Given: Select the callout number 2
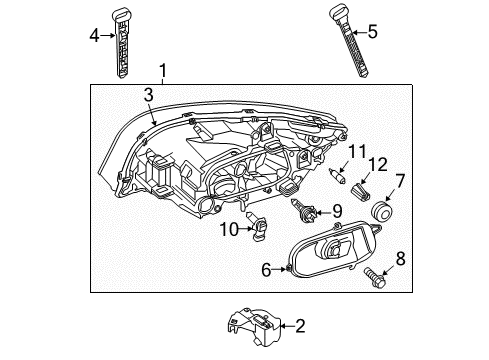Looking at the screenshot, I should click(x=298, y=324).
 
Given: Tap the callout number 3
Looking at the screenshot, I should click(x=147, y=94).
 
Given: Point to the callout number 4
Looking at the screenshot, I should click(x=95, y=37).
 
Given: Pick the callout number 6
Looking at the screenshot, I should click(x=267, y=268).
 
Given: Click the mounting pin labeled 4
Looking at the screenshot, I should click(x=123, y=42).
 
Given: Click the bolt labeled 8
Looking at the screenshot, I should click(x=378, y=271).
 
